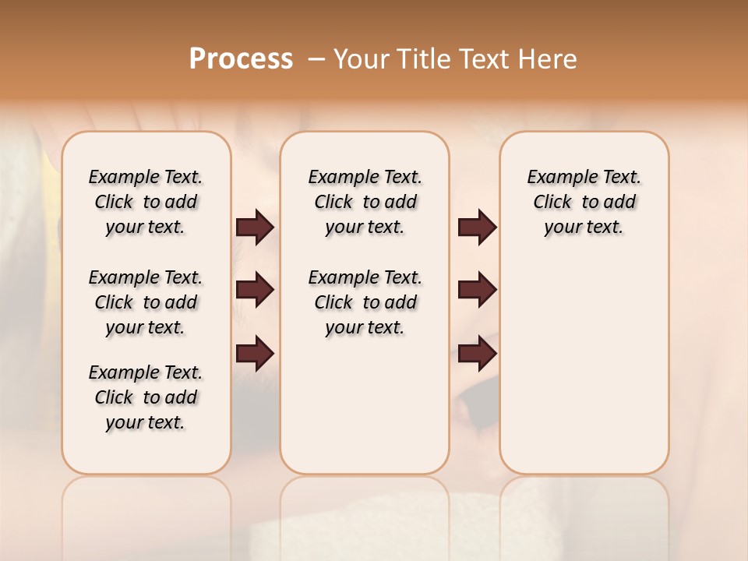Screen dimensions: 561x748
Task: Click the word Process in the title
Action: pyautogui.click(x=241, y=58)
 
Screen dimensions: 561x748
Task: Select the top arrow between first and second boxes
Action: pyautogui.click(x=255, y=227)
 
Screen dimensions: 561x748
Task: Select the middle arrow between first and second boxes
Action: pyautogui.click(x=255, y=290)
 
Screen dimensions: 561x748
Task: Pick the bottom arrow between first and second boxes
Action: pyautogui.click(x=255, y=353)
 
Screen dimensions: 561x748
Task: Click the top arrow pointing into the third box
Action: pyautogui.click(x=477, y=227)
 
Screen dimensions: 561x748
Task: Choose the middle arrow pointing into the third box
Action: pyautogui.click(x=477, y=290)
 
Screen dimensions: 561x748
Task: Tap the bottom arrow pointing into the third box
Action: pyautogui.click(x=477, y=353)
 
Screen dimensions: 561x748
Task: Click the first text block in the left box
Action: pyautogui.click(x=146, y=202)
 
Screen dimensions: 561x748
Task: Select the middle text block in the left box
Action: pyautogui.click(x=146, y=302)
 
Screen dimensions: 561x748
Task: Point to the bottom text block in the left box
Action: pyautogui.click(x=146, y=397)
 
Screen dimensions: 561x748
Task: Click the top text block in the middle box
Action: pyautogui.click(x=365, y=202)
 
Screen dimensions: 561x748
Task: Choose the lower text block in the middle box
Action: pyautogui.click(x=365, y=302)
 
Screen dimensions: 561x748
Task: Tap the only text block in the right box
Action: pyautogui.click(x=584, y=202)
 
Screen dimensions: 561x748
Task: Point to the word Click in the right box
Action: pyautogui.click(x=552, y=202)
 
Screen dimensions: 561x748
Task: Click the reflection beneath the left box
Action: pyautogui.click(x=146, y=514)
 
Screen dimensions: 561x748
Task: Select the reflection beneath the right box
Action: pyautogui.click(x=584, y=514)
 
